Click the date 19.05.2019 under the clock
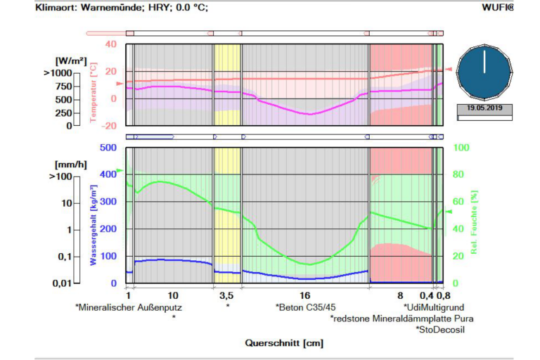484,109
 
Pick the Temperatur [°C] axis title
94,92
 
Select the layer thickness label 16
304,296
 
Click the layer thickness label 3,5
226,296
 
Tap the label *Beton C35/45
305,307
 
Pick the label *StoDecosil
441,328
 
